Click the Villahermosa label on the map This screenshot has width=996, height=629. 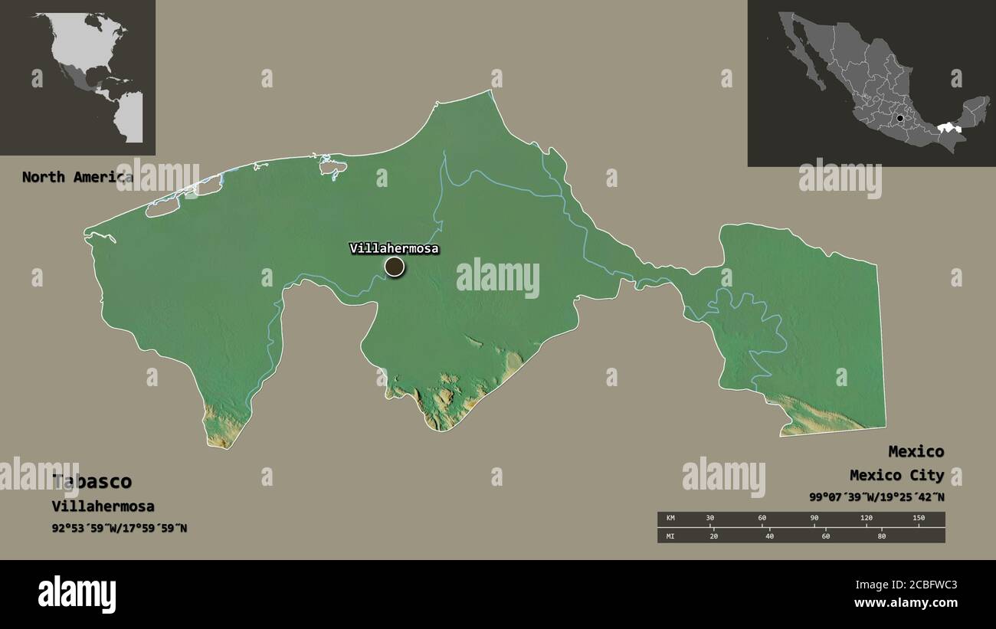tap(394, 248)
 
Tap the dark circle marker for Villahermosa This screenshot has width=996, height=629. tap(394, 267)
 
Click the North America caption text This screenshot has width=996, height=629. tap(77, 177)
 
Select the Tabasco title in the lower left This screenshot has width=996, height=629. tap(92, 482)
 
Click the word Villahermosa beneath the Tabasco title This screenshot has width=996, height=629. tap(103, 506)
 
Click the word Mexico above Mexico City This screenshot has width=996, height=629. tap(916, 451)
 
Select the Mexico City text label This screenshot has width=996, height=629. tap(896, 475)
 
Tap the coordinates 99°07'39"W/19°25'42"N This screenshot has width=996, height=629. tap(876, 497)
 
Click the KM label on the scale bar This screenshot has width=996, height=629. tap(671, 519)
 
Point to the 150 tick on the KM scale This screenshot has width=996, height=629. tap(919, 519)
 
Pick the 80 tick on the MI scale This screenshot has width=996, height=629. tap(881, 536)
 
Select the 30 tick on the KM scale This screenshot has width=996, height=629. tap(710, 519)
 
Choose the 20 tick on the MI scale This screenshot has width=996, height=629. tap(714, 536)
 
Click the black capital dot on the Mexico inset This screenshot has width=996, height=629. tap(900, 118)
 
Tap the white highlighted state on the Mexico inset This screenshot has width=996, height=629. tap(949, 128)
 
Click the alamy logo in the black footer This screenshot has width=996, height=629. tap(77, 595)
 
